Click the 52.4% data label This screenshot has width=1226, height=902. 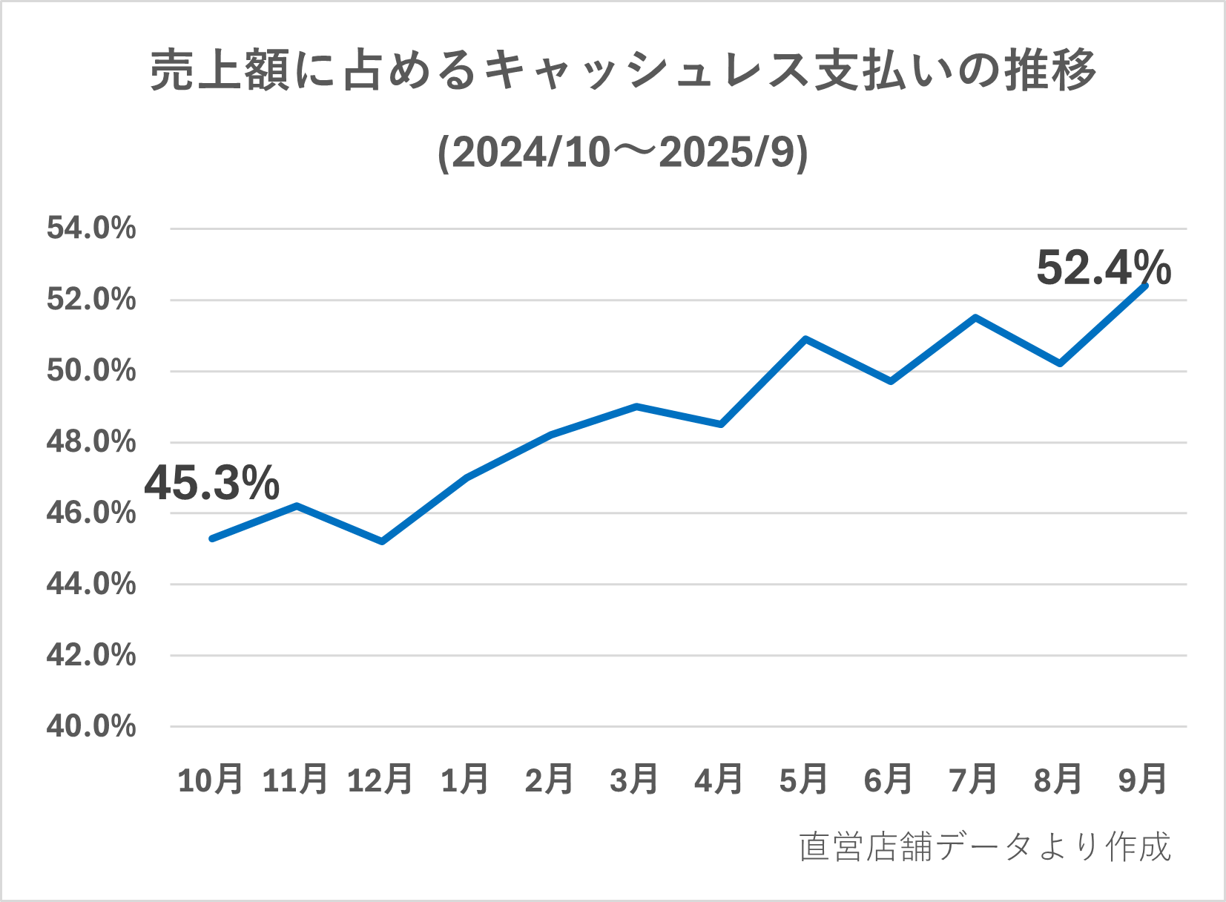(1103, 268)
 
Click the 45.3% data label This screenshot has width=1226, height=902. (212, 483)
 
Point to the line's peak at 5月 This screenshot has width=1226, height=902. (805, 339)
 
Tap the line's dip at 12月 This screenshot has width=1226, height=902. (381, 541)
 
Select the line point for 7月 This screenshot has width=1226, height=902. (975, 317)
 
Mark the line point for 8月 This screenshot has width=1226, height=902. (1060, 363)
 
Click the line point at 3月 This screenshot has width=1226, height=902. (636, 406)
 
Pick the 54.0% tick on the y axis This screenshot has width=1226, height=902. (91, 228)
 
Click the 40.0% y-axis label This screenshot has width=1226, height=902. (91, 726)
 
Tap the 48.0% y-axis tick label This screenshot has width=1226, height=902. (91, 442)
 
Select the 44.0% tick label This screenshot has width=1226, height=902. (91, 585)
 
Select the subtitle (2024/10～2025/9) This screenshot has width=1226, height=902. (623, 153)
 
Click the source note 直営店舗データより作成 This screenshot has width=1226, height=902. (985, 847)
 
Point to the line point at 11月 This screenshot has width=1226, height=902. (297, 506)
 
